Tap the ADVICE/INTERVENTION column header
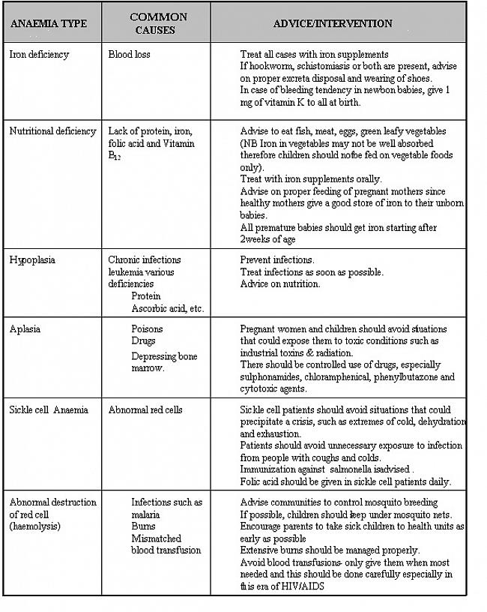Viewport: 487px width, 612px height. point(332,23)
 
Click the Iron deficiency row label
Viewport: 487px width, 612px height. point(39,55)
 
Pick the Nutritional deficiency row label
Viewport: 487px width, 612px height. point(52,131)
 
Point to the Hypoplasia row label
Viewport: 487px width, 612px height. point(32,260)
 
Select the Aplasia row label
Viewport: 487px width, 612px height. point(25,329)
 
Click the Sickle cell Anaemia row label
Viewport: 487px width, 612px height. point(49,410)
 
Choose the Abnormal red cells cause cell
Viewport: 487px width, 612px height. point(145,410)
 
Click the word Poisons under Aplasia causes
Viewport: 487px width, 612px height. point(147,329)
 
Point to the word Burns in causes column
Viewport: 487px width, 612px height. point(144,526)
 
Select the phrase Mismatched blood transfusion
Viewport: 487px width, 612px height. point(166,544)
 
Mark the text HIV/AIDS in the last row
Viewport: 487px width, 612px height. point(297,586)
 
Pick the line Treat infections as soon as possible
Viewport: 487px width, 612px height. point(312,272)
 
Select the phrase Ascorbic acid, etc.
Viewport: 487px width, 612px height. point(167,308)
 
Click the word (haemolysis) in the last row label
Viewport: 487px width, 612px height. point(34,526)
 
